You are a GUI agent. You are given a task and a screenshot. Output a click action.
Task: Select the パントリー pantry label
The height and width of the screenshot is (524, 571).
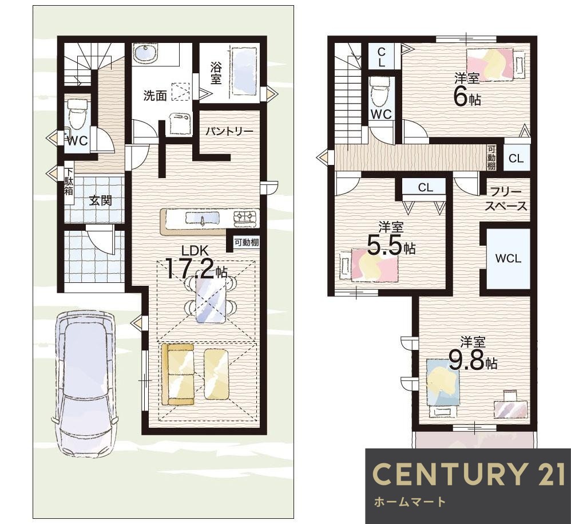229,131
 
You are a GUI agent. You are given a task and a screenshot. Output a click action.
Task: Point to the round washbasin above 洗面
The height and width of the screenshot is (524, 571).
145,53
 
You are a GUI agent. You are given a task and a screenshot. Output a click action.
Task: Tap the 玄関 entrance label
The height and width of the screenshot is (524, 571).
101,200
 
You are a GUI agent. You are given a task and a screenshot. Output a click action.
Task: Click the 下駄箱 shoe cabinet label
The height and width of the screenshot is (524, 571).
69,181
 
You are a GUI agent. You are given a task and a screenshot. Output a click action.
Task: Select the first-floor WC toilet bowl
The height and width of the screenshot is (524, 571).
78,113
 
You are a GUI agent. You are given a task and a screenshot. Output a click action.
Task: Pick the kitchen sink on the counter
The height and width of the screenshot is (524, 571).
203,218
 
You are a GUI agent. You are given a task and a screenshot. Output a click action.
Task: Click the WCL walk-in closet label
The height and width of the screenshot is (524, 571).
508,258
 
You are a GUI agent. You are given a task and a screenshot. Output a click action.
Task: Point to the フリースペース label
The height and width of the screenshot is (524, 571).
506,199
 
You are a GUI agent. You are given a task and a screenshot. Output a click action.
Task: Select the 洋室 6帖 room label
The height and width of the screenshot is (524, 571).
467,90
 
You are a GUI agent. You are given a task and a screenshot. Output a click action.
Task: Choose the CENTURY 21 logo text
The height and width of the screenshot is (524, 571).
469,474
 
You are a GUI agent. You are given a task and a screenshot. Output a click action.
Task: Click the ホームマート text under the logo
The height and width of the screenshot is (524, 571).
409,502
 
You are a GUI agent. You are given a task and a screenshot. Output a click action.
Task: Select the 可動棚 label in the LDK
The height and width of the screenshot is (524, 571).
247,242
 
